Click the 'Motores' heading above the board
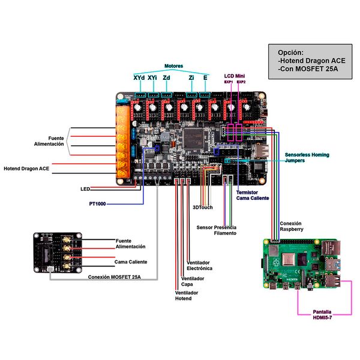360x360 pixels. click(x=173, y=66)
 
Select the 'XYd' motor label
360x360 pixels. click(x=139, y=78)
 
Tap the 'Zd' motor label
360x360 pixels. click(x=166, y=78)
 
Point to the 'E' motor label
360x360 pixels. click(x=206, y=78)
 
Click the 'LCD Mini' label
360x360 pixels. click(x=234, y=76)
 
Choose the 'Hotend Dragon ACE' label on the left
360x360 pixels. click(x=26, y=169)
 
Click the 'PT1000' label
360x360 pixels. click(x=95, y=204)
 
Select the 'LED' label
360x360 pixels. click(x=85, y=189)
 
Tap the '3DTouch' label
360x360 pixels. click(x=202, y=208)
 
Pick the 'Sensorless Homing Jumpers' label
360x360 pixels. click(x=307, y=158)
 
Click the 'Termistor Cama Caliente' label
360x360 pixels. click(x=253, y=195)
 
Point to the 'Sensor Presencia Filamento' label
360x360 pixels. click(x=217, y=230)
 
